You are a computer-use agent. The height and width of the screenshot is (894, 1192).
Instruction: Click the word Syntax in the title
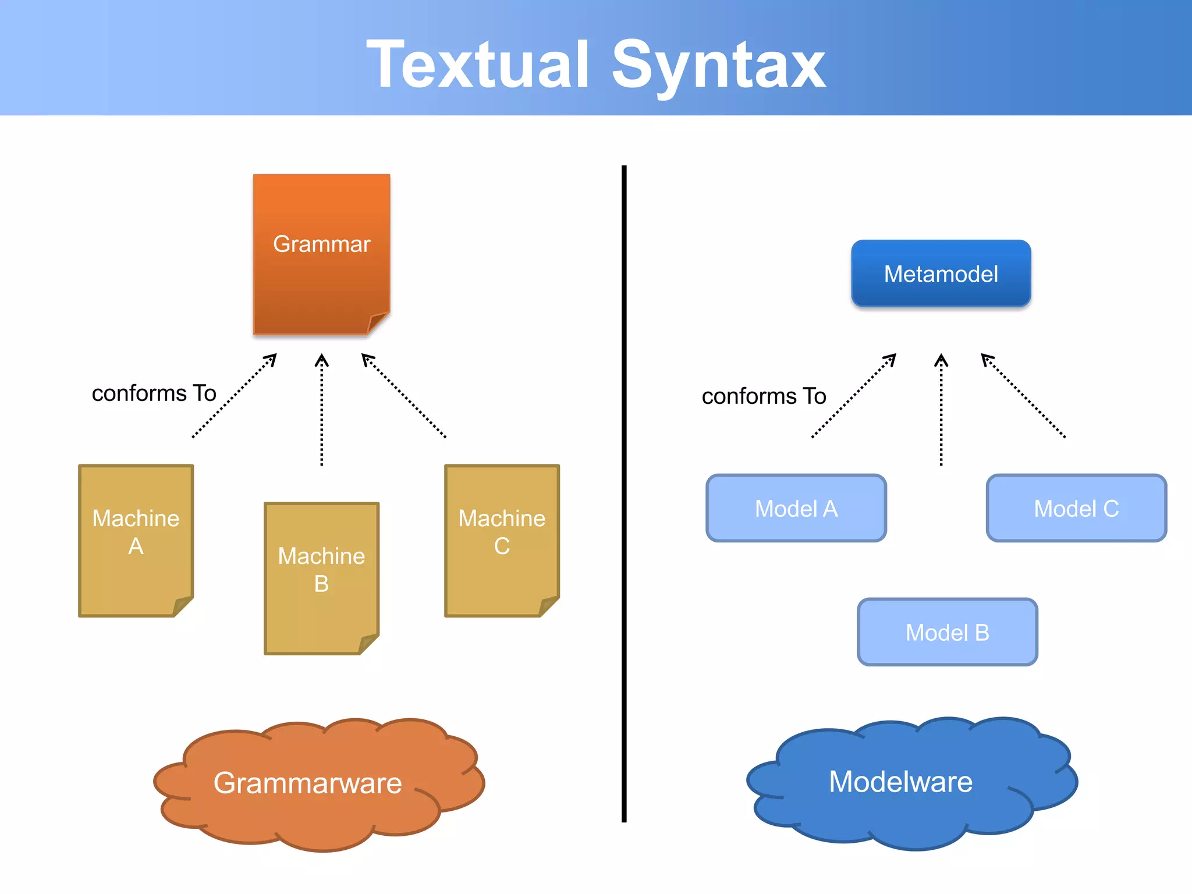coord(718,65)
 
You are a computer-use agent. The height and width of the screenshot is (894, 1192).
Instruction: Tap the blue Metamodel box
coord(941,274)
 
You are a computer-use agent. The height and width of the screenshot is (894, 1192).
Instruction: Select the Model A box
coord(796,508)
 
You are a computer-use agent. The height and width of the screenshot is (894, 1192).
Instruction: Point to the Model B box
coord(947,632)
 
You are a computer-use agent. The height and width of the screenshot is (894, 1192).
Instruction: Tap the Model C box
coord(1076,508)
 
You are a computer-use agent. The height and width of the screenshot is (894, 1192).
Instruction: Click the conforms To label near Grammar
coord(154,393)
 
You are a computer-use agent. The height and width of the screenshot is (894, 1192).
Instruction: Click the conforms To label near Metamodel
coord(764,396)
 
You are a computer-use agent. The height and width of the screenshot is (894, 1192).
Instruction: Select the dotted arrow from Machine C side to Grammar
coord(404,396)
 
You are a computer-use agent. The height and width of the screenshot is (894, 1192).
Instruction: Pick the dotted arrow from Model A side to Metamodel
coord(854,396)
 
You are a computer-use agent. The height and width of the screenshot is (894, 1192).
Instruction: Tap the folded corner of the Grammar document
coord(378,322)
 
